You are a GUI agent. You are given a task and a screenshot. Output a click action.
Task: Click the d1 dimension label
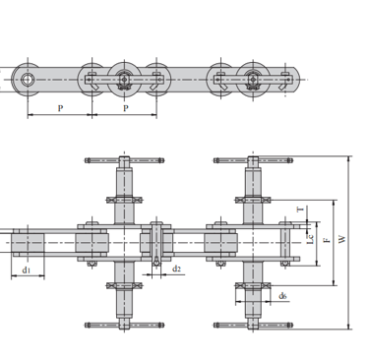27,270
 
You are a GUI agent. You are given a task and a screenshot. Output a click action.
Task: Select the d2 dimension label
176,270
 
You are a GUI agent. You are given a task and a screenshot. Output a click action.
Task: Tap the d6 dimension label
282,296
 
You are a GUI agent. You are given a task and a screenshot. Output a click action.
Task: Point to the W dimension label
342,239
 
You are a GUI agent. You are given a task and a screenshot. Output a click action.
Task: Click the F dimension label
327,240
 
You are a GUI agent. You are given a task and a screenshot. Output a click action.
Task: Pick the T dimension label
301,209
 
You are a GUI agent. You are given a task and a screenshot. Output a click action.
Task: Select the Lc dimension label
311,239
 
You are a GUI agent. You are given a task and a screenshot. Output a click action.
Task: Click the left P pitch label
60,108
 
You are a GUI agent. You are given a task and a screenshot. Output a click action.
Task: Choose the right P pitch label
126,108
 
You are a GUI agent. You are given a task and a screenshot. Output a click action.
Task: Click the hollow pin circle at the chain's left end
28,80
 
